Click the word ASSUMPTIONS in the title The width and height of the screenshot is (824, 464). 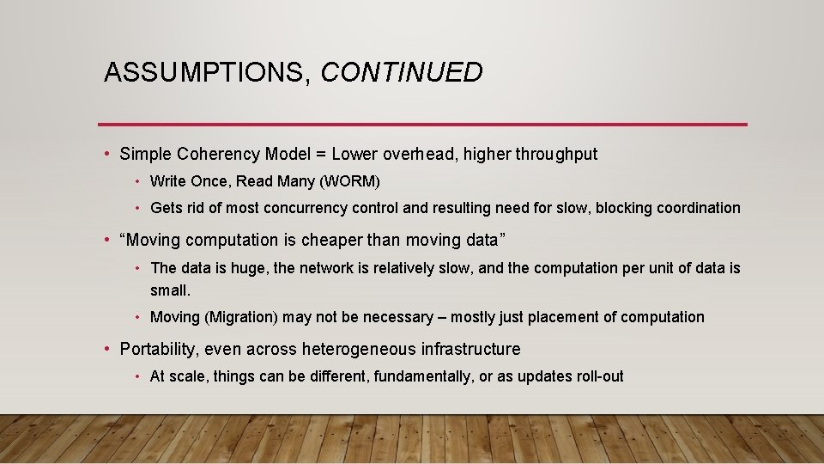(x=203, y=73)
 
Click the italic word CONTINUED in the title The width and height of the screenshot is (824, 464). (x=402, y=73)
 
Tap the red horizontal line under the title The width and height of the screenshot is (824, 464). (x=422, y=125)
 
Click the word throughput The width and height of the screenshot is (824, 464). (x=556, y=155)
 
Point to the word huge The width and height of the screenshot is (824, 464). (x=246, y=268)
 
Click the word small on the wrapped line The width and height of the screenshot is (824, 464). (x=169, y=291)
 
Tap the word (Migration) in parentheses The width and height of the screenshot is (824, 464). (x=241, y=318)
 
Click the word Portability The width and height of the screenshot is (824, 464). (x=156, y=350)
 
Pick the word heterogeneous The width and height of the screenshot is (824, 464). (x=359, y=350)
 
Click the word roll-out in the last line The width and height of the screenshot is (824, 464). (x=599, y=376)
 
